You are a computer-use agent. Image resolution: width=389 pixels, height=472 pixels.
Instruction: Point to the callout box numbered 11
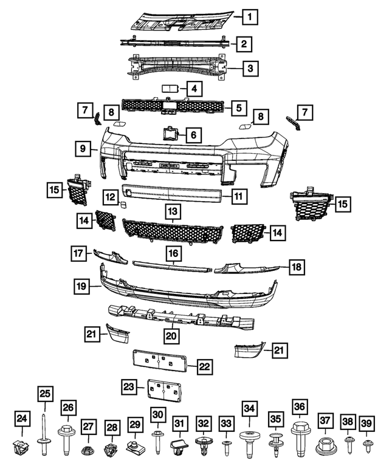pyautogui.click(x=239, y=196)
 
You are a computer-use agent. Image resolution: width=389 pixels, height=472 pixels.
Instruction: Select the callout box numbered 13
pyautogui.click(x=173, y=211)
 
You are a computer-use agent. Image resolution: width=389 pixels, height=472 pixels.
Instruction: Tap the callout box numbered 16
pyautogui.click(x=173, y=252)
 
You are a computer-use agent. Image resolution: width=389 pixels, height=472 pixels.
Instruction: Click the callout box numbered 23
pyautogui.click(x=128, y=386)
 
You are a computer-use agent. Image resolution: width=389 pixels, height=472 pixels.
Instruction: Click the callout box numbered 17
pyautogui.click(x=78, y=253)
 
